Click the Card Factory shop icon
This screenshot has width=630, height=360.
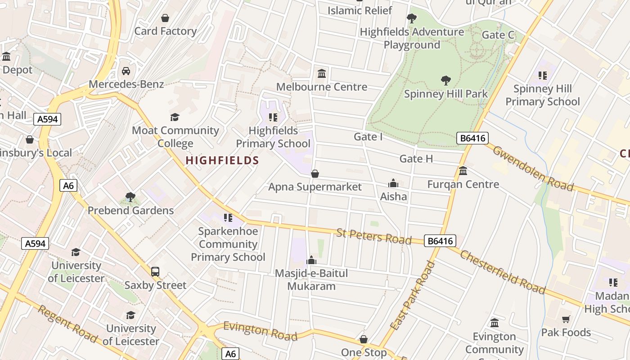165,18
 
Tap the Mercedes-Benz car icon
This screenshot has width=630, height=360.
126,71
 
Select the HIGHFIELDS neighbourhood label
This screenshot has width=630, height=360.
222,160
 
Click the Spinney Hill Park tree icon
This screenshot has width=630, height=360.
446,81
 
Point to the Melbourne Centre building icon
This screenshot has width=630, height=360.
322,73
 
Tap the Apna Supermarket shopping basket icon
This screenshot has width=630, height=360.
315,174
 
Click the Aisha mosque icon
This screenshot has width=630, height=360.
393,183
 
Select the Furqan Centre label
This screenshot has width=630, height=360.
463,184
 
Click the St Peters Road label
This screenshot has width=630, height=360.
374,236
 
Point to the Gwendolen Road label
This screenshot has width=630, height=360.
533,168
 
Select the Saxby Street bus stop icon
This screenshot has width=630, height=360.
155,272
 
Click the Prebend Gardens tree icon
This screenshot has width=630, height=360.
130,197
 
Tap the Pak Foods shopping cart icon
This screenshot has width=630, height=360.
566,319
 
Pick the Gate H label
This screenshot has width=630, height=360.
416,158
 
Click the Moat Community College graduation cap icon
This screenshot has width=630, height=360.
175,117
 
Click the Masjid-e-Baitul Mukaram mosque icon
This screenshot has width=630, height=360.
311,260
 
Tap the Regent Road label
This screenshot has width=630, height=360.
67,324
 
